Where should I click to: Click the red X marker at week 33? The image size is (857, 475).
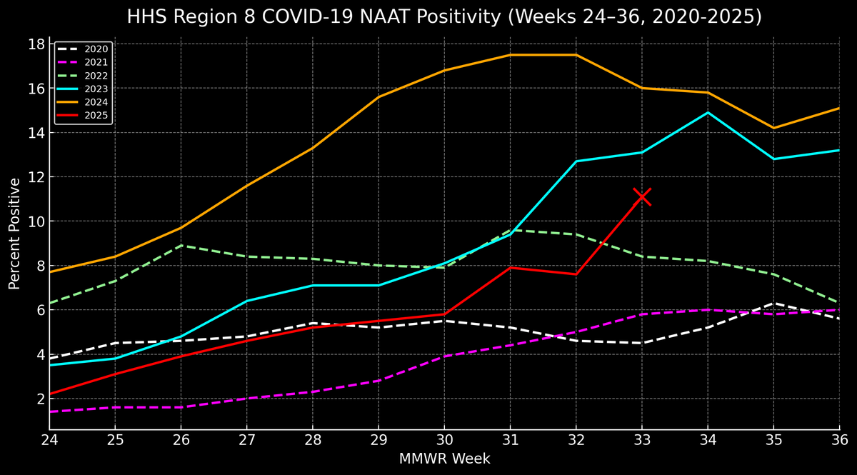point(642,196)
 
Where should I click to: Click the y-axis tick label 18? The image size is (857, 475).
point(36,44)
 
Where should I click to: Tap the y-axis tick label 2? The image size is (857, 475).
point(41,399)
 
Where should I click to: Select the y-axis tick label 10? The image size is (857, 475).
point(36,221)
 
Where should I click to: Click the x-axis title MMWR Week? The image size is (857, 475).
point(444,459)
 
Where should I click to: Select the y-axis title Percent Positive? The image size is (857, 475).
point(15,234)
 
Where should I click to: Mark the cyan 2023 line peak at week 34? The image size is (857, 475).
point(708,112)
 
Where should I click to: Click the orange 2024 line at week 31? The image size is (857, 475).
point(510,55)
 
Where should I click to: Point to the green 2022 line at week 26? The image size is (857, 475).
point(181,245)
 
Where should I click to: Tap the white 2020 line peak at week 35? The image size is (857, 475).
point(773,303)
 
